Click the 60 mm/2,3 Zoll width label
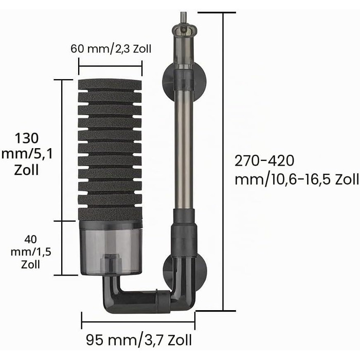click(111, 49)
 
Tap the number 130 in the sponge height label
click(27, 138)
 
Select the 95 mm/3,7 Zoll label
click(139, 340)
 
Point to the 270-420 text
click(264, 160)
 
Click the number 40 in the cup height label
click(30, 240)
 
